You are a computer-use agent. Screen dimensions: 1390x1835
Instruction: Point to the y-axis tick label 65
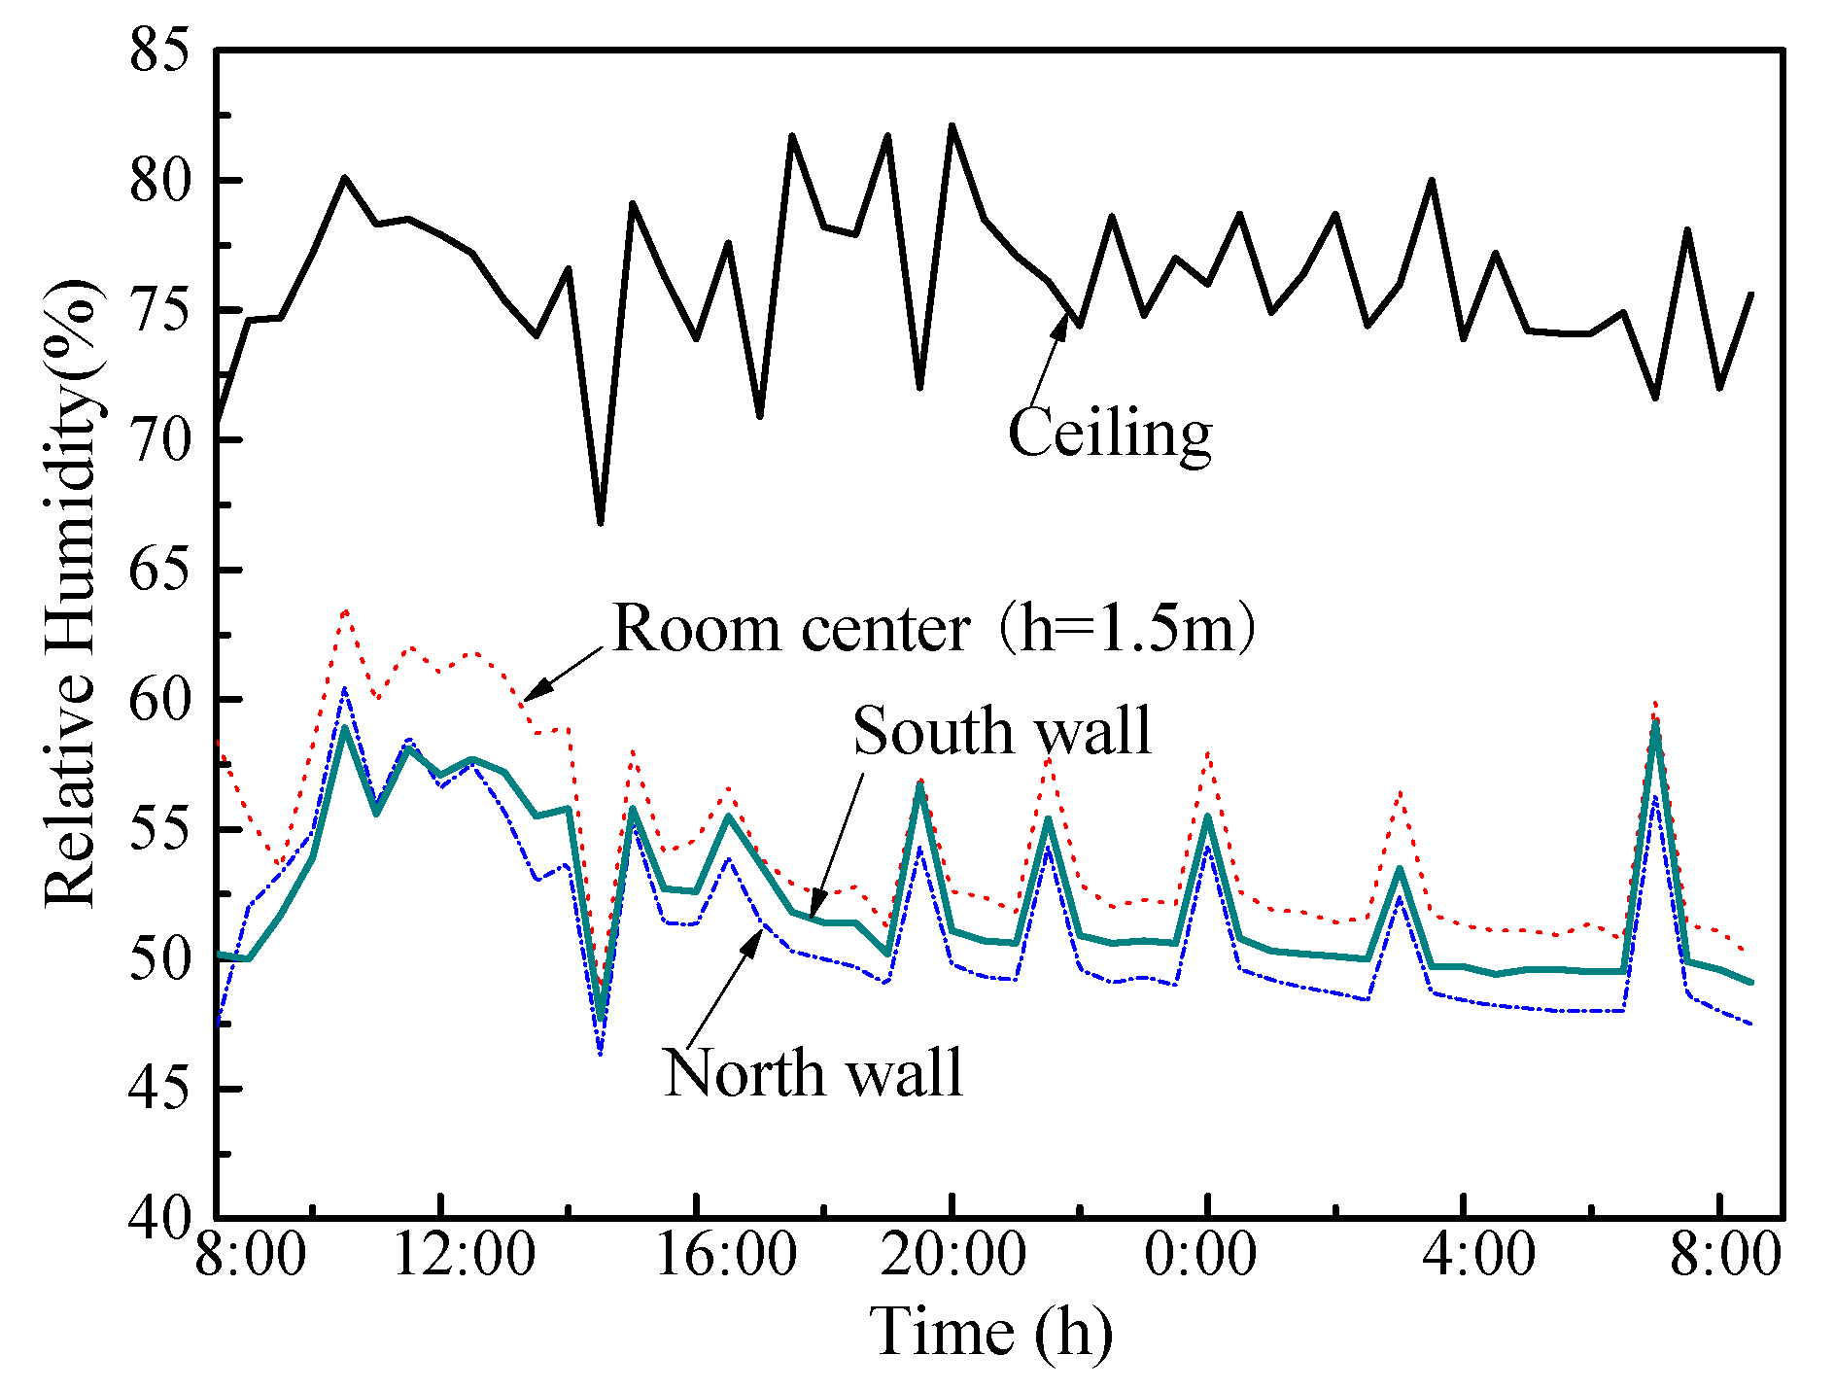(x=158, y=571)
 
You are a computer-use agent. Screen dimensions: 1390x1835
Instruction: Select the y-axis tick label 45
(x=158, y=1090)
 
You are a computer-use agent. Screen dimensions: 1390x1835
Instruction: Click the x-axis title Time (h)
(x=991, y=1332)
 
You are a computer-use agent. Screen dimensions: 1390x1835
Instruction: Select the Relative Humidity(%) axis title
(x=71, y=593)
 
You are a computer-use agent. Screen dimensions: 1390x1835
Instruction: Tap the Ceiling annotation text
(x=1110, y=433)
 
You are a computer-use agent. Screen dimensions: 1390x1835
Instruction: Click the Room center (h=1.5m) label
(x=934, y=629)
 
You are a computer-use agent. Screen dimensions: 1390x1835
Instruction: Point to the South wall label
(x=1002, y=731)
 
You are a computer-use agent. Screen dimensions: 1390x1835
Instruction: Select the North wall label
(x=813, y=1073)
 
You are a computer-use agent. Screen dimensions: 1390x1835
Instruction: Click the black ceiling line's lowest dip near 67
(x=601, y=523)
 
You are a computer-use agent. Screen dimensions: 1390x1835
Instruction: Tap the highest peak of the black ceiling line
(x=952, y=125)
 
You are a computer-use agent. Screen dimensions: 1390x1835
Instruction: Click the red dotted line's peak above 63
(x=345, y=610)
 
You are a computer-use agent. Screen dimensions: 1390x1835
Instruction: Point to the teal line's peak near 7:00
(x=1655, y=724)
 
